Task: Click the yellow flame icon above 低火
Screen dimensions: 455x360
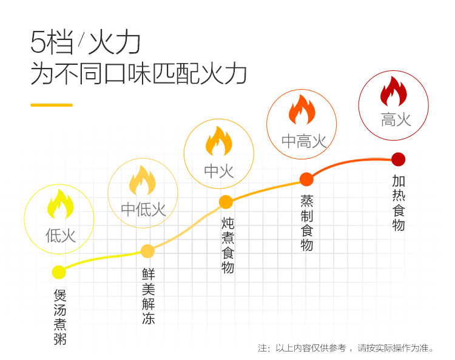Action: coord(60,204)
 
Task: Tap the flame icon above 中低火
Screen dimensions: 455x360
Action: coord(143,180)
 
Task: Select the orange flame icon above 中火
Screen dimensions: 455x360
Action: coord(219,141)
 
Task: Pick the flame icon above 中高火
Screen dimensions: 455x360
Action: coord(302,110)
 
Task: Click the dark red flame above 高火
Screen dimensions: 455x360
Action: coord(394,91)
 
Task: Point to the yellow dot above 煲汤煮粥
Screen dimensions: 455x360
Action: coord(59,272)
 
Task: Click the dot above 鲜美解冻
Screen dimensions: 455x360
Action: coord(147,251)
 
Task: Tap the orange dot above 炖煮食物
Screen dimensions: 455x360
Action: coord(226,202)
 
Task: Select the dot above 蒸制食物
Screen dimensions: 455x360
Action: coord(307,179)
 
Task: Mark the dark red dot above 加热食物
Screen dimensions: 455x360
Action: coord(399,159)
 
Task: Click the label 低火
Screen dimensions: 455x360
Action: coord(61,235)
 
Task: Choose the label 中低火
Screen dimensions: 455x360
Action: coord(143,209)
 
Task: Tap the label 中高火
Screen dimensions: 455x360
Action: coord(304,141)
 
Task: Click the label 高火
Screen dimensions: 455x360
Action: coord(396,119)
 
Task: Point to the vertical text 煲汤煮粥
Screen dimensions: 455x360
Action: coord(60,317)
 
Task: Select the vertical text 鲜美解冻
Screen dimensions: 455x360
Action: coord(149,296)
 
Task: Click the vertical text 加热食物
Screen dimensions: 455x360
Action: coord(399,202)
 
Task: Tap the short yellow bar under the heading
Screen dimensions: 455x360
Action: coord(52,105)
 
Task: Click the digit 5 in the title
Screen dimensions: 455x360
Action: coord(38,42)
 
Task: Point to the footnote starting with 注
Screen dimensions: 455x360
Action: coord(346,347)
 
